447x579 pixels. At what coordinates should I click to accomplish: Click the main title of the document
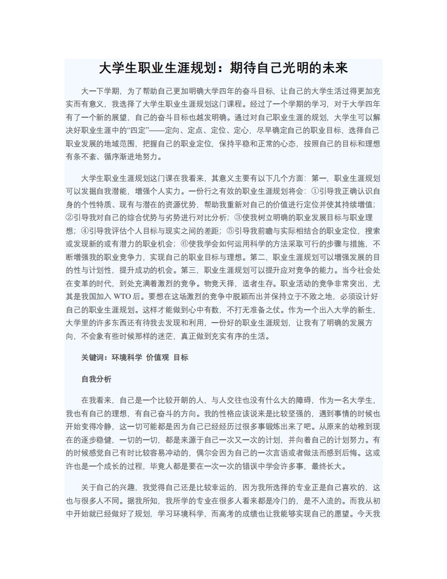[223, 69]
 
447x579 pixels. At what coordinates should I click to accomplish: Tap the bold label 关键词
[92, 357]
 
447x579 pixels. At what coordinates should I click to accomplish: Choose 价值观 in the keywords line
[157, 357]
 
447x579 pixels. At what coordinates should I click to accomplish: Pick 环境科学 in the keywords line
[127, 357]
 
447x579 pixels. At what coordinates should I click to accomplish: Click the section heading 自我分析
[97, 379]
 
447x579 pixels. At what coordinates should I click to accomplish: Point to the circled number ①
[315, 191]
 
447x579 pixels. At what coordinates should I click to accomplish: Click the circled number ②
[70, 218]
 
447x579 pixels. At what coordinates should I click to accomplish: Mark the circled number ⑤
[231, 231]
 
